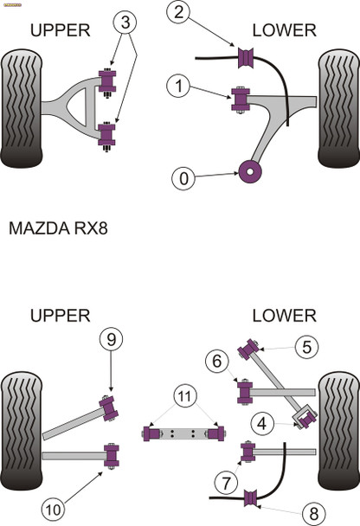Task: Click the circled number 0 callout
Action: pyautogui.click(x=183, y=179)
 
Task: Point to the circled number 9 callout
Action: pyautogui.click(x=111, y=339)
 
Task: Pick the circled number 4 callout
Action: pyautogui.click(x=262, y=422)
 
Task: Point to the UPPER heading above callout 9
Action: pyautogui.click(x=61, y=316)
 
